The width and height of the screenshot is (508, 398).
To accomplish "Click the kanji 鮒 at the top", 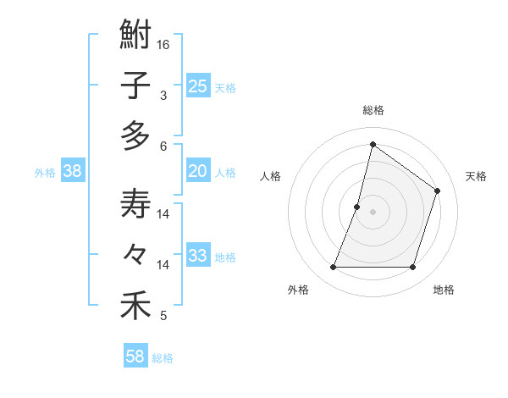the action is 135,37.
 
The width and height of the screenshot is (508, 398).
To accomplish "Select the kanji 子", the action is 135,87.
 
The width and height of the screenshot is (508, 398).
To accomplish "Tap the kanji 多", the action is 135,135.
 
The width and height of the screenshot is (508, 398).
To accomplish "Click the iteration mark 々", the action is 135,255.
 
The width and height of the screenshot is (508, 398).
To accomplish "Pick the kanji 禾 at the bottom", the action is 135,305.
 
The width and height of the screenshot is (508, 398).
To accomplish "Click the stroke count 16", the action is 164,44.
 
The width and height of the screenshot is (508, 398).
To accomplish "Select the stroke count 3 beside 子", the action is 163,96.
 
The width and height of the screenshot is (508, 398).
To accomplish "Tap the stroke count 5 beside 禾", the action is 163,316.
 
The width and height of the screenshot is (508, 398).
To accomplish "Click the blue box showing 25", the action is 198,86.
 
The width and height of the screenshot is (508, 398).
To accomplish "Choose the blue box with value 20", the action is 198,171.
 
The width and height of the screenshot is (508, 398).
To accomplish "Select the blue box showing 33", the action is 198,256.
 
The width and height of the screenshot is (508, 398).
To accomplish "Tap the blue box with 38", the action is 73,171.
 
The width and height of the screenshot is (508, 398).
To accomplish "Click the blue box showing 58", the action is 135,357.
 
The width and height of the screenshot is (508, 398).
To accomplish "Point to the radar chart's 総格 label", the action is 373,110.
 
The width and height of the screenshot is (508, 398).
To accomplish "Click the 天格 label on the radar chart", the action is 476,176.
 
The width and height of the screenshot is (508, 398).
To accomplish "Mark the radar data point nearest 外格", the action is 333,268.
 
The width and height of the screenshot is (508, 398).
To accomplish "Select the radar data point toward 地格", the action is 413,268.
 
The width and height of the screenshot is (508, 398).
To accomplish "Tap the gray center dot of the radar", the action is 373,212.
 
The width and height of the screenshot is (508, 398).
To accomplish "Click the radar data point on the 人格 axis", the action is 357,207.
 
